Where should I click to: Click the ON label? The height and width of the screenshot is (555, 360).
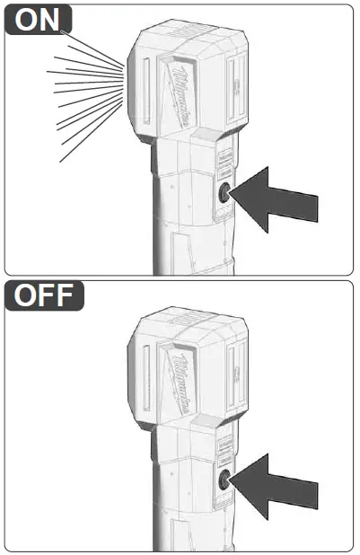[39, 20]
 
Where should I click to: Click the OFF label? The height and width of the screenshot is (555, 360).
[44, 295]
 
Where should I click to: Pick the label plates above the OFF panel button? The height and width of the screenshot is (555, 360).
[225, 445]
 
